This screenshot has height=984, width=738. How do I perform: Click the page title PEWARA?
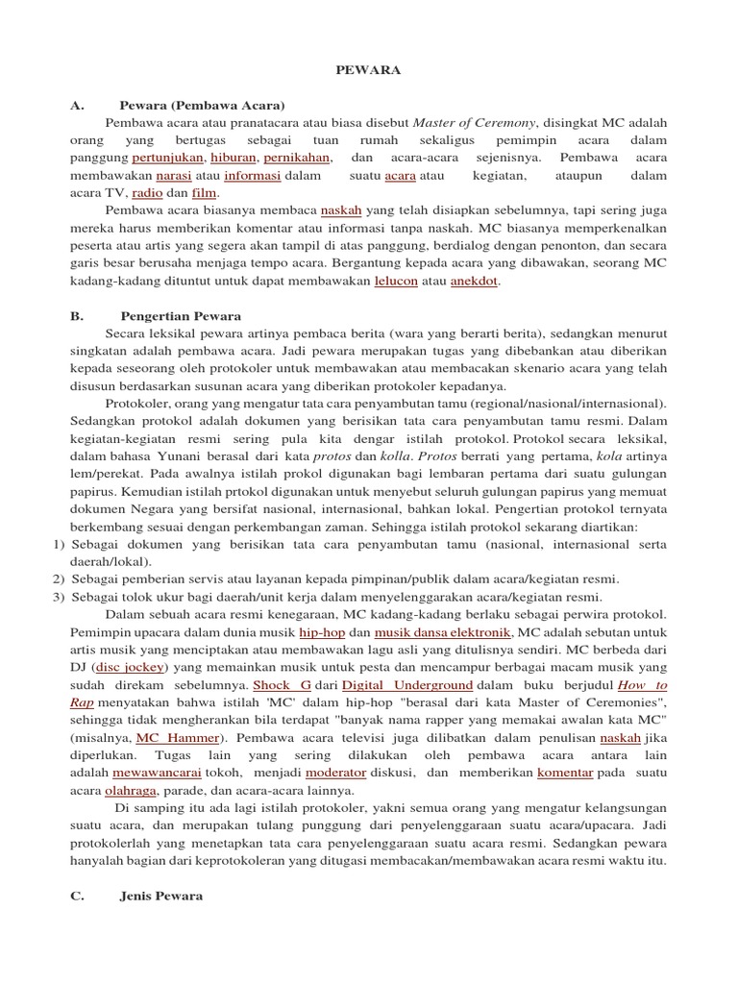point(368,70)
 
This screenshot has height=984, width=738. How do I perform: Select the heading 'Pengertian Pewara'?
point(181,315)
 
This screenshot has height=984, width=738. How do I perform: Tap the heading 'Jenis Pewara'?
point(161,896)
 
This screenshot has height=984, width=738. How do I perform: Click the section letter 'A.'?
point(79,105)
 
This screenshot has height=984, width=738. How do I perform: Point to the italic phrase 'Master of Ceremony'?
point(474,123)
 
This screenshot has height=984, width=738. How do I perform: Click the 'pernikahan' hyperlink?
point(298,158)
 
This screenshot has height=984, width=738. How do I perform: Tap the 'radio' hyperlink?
point(146,193)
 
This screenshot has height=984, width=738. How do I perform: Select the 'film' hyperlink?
point(205,193)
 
